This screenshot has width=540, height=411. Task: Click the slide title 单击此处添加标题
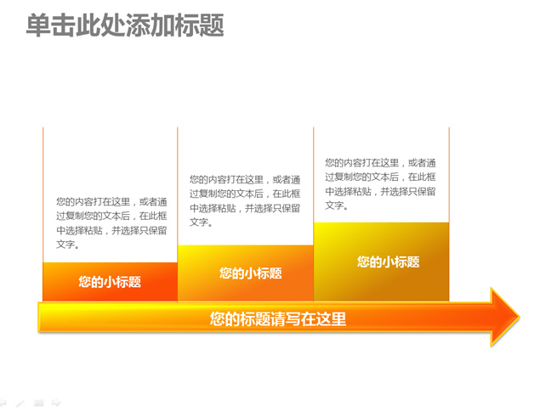click(125, 25)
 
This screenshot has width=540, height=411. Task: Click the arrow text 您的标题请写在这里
click(278, 318)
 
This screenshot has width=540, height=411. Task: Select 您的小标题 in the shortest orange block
click(110, 282)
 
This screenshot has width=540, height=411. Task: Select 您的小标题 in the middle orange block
click(251, 273)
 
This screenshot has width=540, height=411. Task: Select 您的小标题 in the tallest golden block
click(388, 262)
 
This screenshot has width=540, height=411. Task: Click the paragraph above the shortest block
click(111, 222)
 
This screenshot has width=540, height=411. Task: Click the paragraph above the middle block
click(245, 201)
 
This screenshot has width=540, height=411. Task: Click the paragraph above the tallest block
click(380, 184)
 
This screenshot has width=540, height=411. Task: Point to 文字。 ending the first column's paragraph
click(68, 245)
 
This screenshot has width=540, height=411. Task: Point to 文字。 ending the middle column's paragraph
click(202, 222)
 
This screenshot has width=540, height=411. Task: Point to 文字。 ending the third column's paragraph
click(337, 205)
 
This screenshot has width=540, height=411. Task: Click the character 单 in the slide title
click(38, 25)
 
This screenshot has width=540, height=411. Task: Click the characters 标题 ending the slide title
click(200, 25)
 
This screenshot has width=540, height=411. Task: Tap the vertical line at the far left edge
click(43, 194)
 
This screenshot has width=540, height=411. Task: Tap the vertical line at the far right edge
click(449, 175)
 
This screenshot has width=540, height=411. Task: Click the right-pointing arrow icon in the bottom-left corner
click(56, 402)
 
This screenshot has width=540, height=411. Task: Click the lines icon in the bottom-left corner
click(38, 403)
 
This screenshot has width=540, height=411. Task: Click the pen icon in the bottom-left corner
click(20, 403)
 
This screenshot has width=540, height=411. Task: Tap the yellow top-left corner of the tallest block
click(315, 223)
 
